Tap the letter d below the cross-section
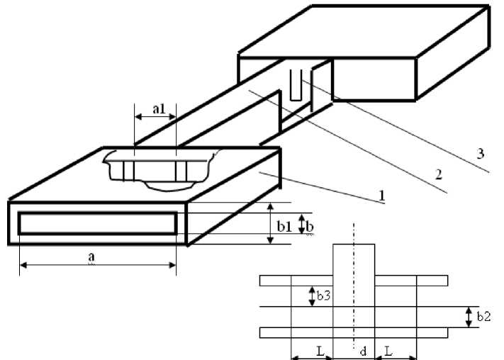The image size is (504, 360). [362, 351]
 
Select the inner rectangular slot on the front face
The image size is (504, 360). [97, 223]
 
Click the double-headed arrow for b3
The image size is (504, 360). [310, 296]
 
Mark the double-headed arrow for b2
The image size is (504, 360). [469, 317]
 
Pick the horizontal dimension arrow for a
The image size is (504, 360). [97, 266]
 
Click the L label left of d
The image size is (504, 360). [320, 351]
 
